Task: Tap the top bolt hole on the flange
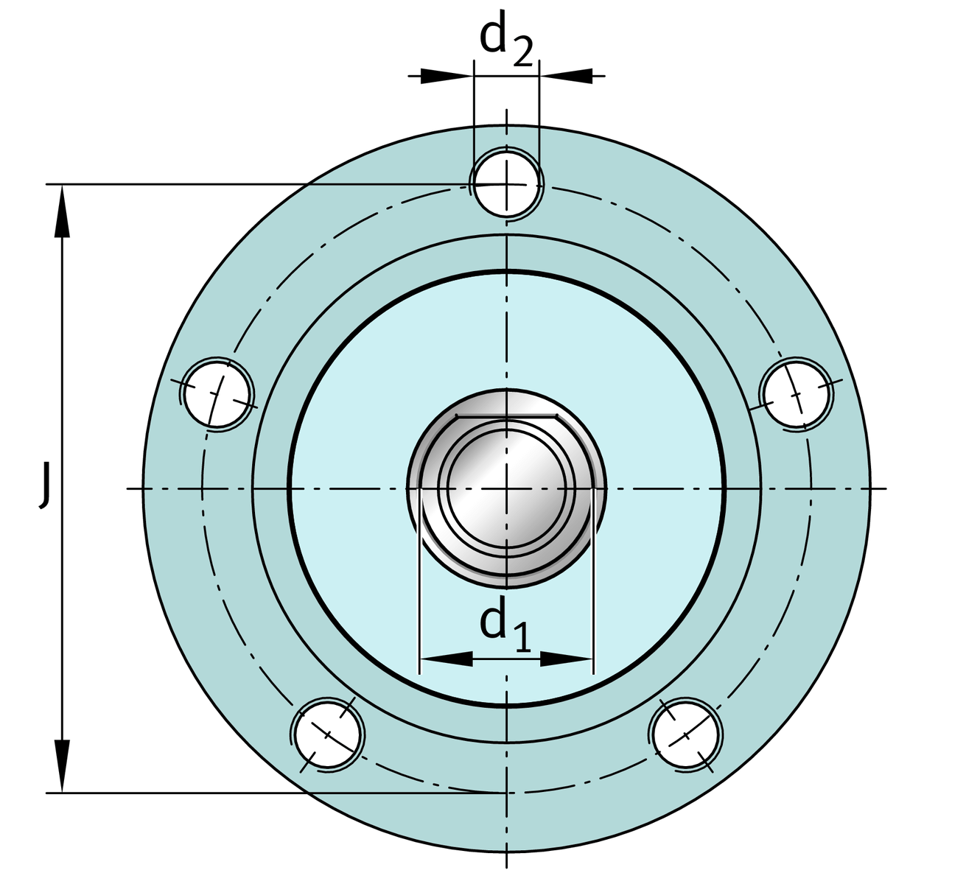pyautogui.click(x=506, y=185)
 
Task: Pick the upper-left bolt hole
pyautogui.click(x=217, y=394)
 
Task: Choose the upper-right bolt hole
pyautogui.click(x=797, y=393)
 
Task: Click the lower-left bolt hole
pyautogui.click(x=327, y=734)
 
